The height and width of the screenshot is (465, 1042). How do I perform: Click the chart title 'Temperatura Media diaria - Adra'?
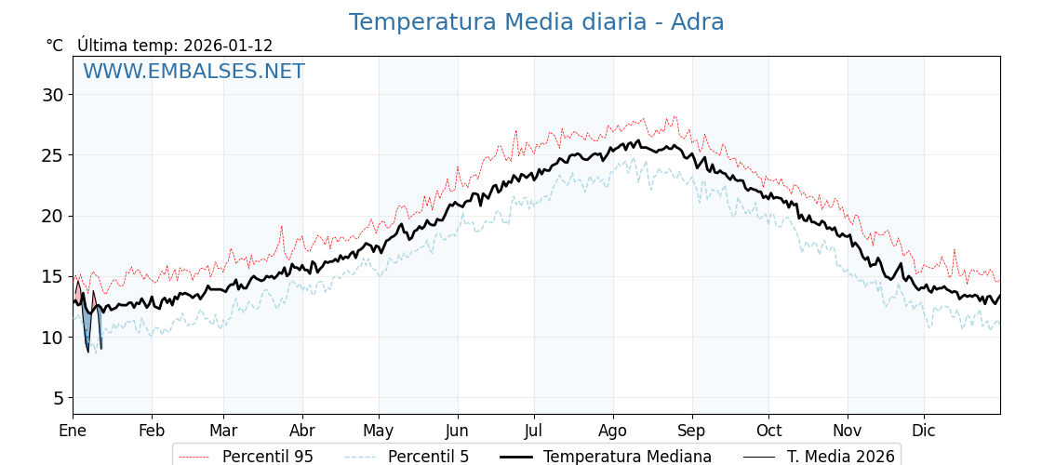pos(536,22)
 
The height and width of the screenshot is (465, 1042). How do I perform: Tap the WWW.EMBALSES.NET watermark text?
pos(194,72)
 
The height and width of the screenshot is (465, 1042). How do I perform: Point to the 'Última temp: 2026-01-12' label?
pos(175,46)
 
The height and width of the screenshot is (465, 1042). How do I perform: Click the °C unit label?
pos(54,46)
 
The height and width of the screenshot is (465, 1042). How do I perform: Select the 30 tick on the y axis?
pos(52,95)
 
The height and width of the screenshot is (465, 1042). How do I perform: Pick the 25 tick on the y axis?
pos(52,155)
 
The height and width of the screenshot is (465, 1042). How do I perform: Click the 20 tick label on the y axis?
pos(52,216)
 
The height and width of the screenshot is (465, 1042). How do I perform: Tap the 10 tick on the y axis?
pos(52,338)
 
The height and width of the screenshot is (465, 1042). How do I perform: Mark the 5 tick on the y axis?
pos(58,398)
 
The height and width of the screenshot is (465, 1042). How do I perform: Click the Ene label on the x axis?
pos(73,432)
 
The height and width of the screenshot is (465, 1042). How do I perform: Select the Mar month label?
pos(223,432)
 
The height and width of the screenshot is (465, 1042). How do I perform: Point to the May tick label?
pos(379,432)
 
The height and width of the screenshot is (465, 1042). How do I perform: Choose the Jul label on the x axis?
pos(534,432)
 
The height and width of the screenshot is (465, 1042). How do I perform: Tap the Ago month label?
pos(612,432)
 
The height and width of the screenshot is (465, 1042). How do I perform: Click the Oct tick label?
pos(768,432)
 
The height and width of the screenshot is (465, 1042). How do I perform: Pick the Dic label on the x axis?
pos(924,432)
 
